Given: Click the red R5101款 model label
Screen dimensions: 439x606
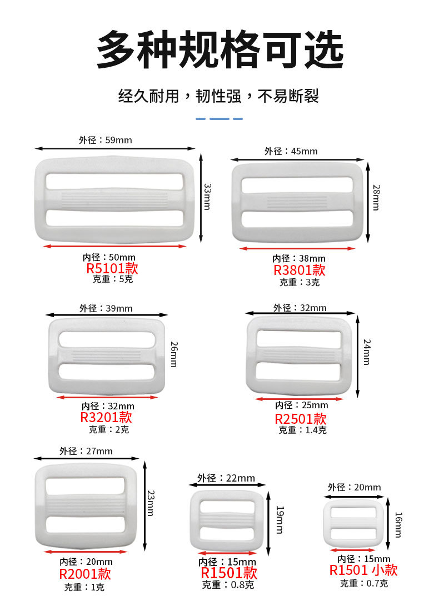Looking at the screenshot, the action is (x=112, y=269).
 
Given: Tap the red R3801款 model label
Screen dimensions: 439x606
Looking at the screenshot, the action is (x=300, y=271).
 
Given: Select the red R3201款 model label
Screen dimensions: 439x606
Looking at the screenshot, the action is (x=106, y=418).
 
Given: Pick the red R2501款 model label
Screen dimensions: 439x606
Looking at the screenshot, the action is (x=301, y=419).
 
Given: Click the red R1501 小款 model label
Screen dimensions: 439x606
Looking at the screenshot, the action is (x=363, y=570).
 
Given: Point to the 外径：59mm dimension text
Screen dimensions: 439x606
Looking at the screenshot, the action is (x=106, y=140).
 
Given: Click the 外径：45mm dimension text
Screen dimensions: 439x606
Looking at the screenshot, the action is (x=291, y=151).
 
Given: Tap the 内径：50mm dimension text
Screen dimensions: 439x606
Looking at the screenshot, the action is (x=109, y=257).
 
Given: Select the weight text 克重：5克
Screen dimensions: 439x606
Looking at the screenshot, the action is (x=113, y=279).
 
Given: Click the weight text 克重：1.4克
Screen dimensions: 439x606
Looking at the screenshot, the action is (x=302, y=430).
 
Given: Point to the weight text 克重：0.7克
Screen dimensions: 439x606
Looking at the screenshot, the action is (x=364, y=583).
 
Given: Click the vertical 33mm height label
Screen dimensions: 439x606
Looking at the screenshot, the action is (x=207, y=197).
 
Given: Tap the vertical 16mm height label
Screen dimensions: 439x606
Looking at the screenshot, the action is (x=397, y=524).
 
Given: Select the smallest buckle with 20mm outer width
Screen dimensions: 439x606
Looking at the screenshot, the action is (x=353, y=522).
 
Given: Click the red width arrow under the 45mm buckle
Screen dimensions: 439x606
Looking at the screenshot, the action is (x=297, y=248).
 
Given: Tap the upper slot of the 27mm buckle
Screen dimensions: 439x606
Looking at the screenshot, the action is (x=86, y=485).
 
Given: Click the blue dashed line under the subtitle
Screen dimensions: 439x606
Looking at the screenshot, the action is (x=219, y=119).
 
